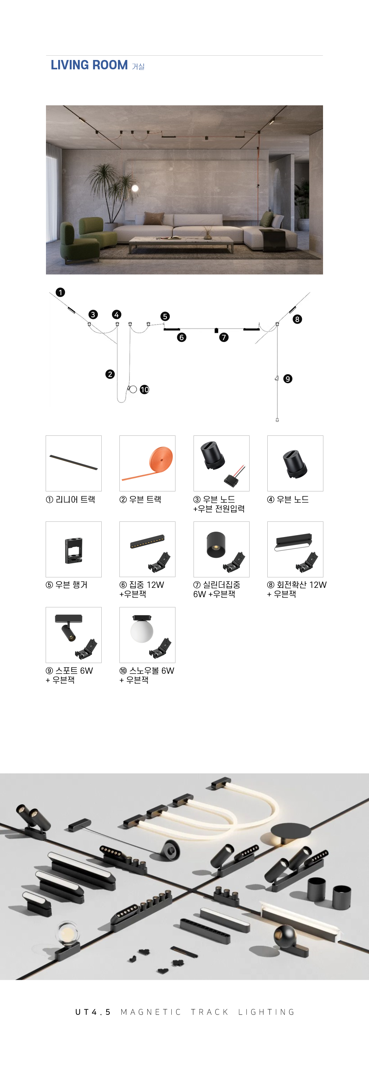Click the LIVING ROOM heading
click(89, 65)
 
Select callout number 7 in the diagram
click(224, 337)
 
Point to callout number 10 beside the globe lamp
click(144, 390)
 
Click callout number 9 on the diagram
click(288, 379)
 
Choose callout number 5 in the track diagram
click(165, 316)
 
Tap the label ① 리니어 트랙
click(70, 499)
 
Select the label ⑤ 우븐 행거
click(67, 585)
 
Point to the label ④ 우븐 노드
click(288, 499)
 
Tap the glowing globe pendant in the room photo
click(135, 189)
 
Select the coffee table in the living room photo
click(181, 243)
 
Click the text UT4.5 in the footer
click(93, 1012)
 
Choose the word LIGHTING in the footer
click(266, 1012)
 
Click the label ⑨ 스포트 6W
click(69, 670)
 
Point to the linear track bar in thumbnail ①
click(74, 462)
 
